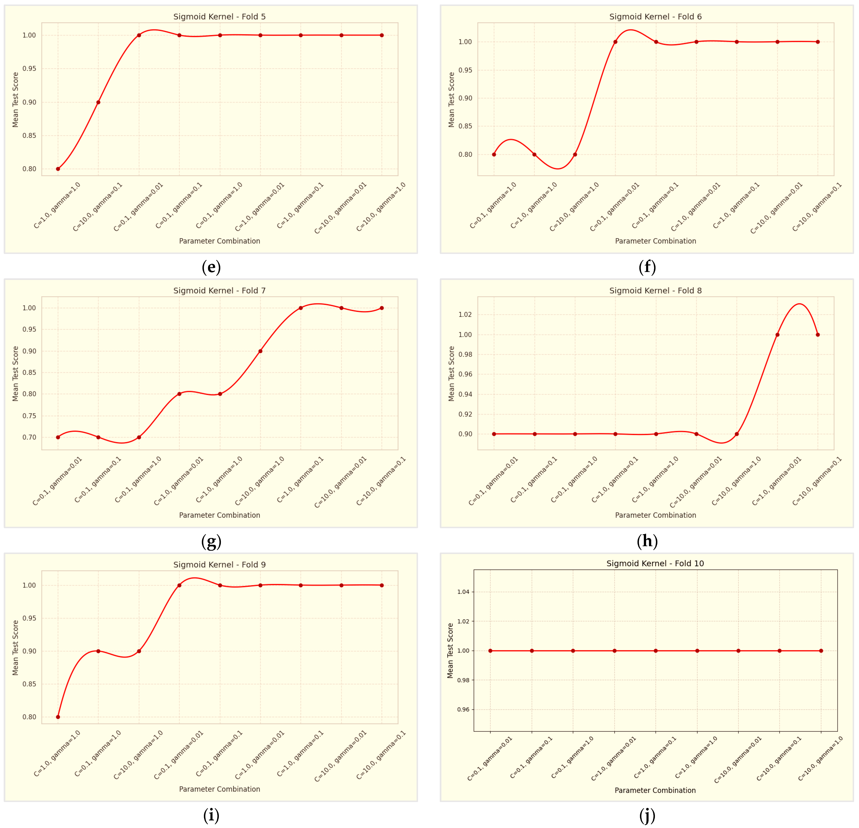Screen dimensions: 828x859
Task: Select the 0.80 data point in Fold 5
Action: tap(58, 169)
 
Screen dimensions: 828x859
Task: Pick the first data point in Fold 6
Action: tap(494, 154)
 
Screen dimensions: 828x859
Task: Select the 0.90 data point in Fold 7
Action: tap(260, 351)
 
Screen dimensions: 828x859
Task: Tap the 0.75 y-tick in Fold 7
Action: tap(29, 416)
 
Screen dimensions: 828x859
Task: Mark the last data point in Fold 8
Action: tap(818, 335)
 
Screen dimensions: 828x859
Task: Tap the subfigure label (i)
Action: tap(211, 815)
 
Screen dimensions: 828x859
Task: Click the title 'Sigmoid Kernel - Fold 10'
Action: tap(655, 563)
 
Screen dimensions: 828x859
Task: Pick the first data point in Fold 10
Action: tap(490, 651)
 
